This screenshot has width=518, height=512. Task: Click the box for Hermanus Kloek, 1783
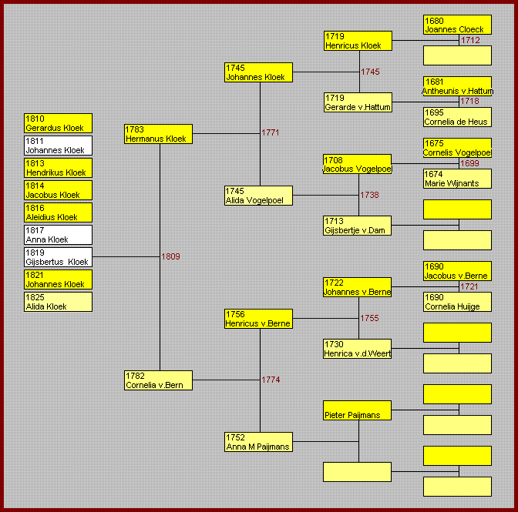(x=158, y=134)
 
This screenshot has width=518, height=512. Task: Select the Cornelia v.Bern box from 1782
(x=158, y=380)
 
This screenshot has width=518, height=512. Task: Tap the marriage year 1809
(x=170, y=256)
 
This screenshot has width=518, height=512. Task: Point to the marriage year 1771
(x=271, y=132)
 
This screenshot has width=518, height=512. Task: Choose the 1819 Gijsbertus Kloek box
(x=58, y=257)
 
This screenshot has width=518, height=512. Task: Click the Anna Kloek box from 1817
(x=58, y=235)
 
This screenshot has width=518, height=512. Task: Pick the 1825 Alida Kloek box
(x=58, y=302)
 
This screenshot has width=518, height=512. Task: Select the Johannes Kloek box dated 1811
(x=58, y=146)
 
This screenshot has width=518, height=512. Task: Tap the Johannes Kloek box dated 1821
(x=58, y=279)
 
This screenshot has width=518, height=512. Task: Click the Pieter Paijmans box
(x=357, y=410)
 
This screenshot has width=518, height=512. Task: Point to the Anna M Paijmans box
(x=258, y=442)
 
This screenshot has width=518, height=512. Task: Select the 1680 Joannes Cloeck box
(x=457, y=25)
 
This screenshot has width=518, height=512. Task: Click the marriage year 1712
(x=470, y=40)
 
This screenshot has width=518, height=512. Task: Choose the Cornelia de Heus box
(x=457, y=117)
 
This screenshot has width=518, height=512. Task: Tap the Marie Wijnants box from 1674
(x=457, y=179)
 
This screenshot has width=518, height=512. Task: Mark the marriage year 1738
(x=369, y=195)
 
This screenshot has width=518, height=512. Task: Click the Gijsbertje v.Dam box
(x=357, y=226)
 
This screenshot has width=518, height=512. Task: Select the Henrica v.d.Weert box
(x=357, y=349)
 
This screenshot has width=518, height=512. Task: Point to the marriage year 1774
(x=271, y=380)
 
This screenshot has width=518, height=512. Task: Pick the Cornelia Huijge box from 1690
(x=457, y=302)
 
